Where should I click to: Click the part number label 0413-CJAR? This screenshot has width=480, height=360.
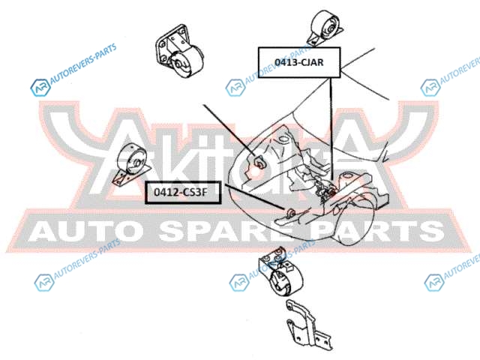point(299,62)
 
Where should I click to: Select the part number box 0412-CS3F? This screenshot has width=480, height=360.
point(180,193)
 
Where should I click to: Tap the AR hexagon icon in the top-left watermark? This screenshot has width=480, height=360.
point(39,88)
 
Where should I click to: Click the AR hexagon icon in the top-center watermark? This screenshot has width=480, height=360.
point(235,88)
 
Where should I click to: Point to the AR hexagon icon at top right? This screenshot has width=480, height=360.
point(430,88)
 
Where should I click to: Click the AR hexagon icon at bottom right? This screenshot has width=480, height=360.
point(433,283)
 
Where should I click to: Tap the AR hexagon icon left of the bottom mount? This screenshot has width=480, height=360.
point(238,283)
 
